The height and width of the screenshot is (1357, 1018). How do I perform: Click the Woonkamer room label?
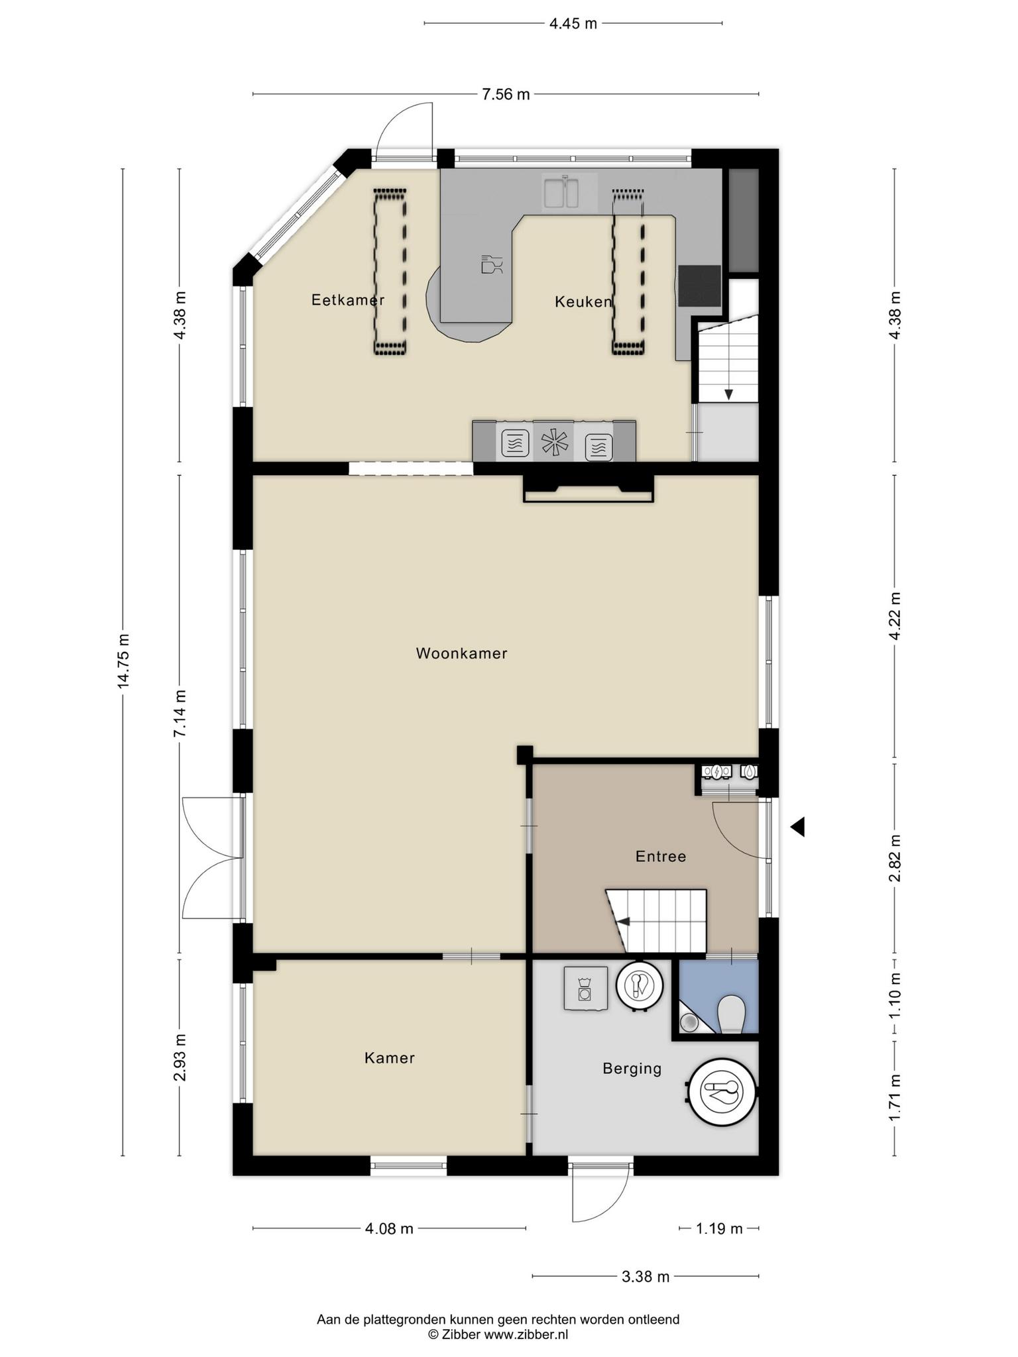coord(461,653)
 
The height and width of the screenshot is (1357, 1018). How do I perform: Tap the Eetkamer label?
coord(348,300)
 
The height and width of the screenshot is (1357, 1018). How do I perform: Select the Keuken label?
coord(583,302)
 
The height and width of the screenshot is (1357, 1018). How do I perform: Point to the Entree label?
coord(661,856)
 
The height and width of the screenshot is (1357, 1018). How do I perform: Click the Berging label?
coord(632,1068)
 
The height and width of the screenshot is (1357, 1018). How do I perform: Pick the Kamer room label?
coord(390,1058)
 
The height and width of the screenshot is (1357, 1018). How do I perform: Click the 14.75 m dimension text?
coord(123,661)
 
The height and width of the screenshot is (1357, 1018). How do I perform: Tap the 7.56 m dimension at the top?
coord(506,94)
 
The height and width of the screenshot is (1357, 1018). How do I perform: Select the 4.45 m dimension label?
coord(573,24)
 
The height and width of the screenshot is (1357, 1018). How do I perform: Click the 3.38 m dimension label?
coord(646,1276)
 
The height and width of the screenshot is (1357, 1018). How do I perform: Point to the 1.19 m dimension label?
coord(719,1228)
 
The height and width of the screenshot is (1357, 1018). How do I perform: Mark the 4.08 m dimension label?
coord(389,1228)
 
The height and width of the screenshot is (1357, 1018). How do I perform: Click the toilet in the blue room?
coord(732,1013)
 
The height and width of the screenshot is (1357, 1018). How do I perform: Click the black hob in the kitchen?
coord(699,286)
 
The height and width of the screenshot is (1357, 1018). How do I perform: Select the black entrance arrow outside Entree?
coord(797,826)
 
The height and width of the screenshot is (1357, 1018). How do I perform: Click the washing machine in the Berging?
coord(586,988)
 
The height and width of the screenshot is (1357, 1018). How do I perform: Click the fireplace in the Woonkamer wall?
coord(589,488)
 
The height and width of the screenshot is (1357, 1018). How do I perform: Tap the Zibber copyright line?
coord(498,1334)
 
